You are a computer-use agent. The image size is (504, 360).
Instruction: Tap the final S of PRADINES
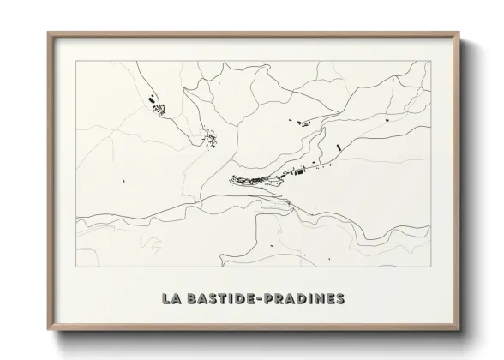pos(340,298)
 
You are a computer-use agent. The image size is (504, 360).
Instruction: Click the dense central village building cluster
pos(257,180)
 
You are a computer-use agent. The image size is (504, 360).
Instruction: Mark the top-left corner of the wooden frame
pos(49,33)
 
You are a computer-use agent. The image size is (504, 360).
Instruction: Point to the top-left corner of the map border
pos(77,62)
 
